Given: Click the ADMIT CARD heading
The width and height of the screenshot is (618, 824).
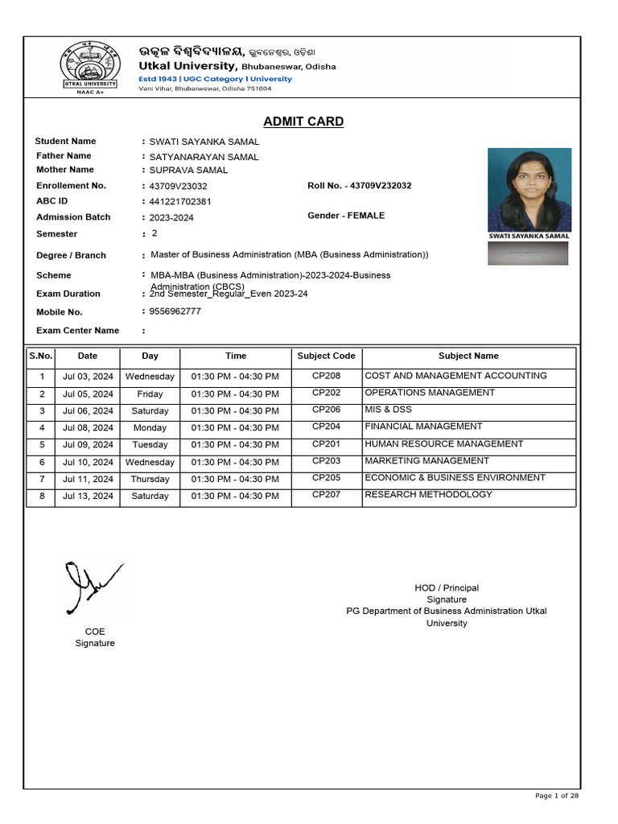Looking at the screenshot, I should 303,122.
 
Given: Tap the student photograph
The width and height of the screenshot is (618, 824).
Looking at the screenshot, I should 529,189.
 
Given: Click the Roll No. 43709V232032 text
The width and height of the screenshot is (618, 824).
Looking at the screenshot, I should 359,186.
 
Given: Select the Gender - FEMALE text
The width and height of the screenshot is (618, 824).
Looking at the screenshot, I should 346,216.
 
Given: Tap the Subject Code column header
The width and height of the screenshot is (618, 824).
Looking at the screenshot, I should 326,356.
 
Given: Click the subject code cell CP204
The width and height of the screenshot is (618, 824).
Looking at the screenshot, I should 326,426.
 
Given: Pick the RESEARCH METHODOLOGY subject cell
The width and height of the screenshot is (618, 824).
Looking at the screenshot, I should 428,494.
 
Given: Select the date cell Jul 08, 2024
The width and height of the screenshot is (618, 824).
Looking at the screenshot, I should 88,428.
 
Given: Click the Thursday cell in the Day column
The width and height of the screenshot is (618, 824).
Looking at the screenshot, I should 150,480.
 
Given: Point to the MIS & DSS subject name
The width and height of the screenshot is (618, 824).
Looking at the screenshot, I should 388,410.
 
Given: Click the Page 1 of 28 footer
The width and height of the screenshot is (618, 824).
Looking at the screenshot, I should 557,796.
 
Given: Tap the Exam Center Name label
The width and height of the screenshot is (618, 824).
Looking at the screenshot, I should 77,331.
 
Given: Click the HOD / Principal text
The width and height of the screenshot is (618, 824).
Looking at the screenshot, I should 446,588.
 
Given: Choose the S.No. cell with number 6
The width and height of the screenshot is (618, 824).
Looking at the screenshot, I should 41,463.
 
